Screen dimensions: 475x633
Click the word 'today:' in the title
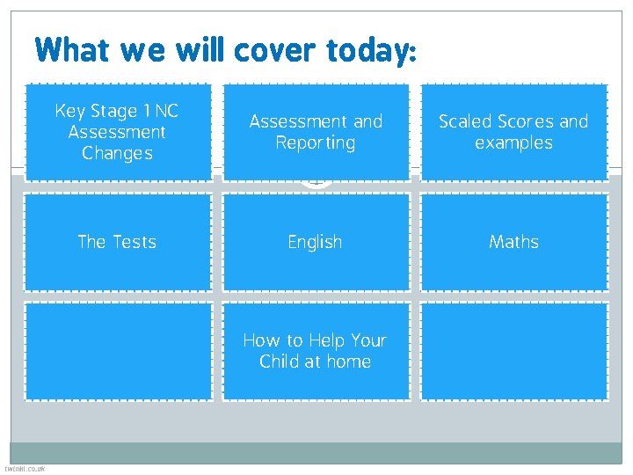(369, 50)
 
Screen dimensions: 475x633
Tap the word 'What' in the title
(73, 50)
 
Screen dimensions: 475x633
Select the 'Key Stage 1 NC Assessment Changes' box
(118, 132)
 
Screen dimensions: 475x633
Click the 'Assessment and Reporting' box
(316, 132)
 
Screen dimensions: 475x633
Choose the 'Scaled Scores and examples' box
(514, 132)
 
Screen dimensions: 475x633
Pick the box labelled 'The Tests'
(118, 242)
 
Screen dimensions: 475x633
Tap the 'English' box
(316, 242)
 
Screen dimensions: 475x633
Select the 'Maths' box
(514, 242)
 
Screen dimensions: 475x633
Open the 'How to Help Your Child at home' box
(316, 351)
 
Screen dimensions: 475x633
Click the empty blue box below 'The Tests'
(118, 351)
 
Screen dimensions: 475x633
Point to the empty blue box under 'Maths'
(514, 351)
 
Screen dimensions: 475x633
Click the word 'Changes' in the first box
(118, 153)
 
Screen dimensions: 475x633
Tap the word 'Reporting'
(316, 142)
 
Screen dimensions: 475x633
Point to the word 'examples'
(514, 142)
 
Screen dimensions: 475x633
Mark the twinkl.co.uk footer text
(25, 469)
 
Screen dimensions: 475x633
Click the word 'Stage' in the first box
(114, 111)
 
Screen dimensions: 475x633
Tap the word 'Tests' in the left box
(133, 242)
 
